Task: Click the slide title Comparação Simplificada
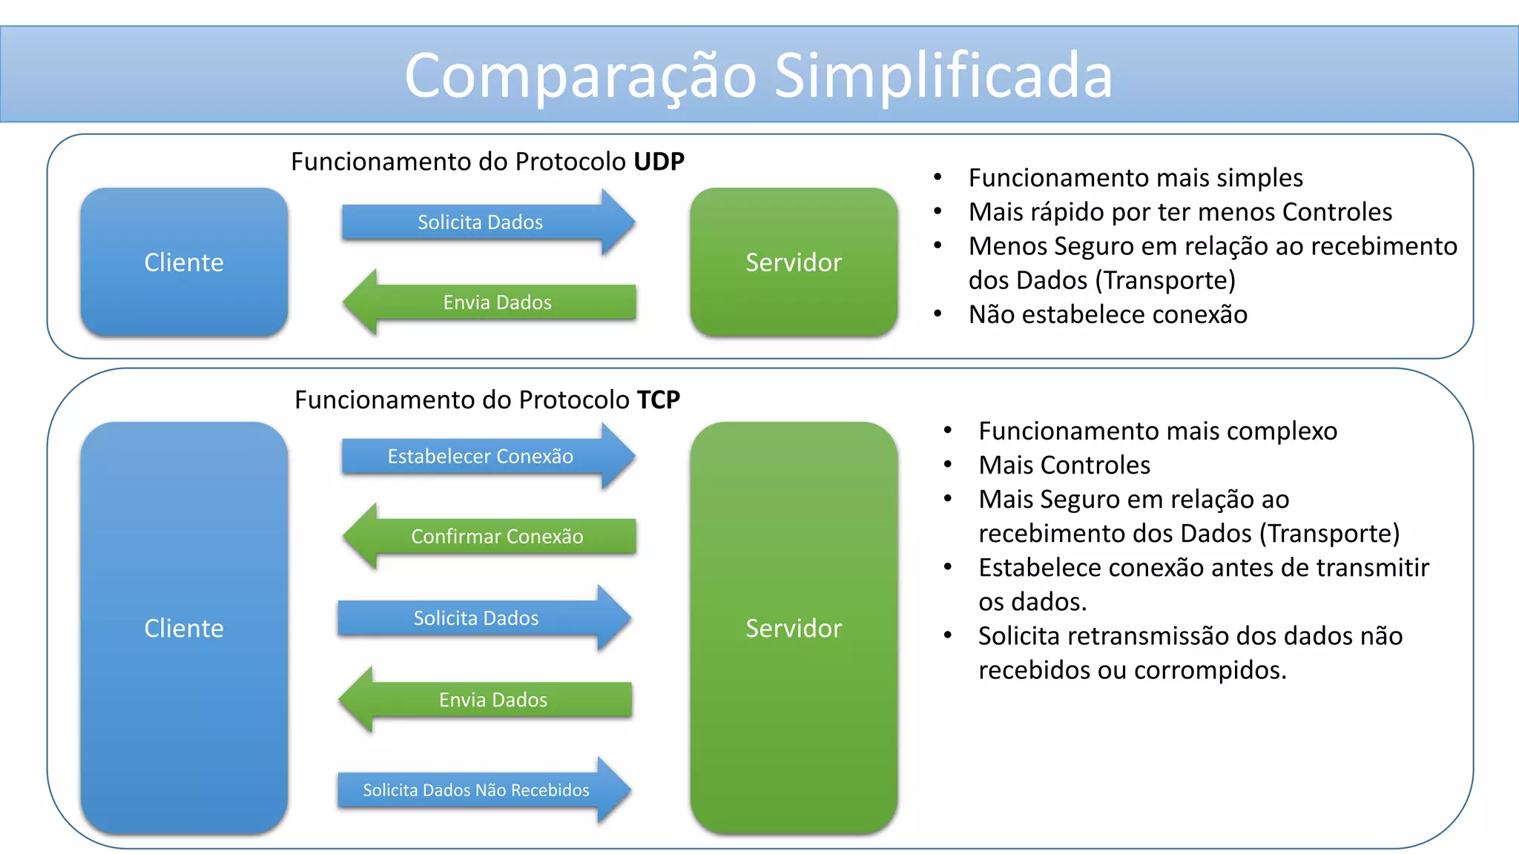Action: pos(758,76)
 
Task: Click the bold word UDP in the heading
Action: pos(659,162)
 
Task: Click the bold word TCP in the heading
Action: pos(658,400)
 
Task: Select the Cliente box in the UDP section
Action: pos(184,262)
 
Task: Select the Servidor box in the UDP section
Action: pos(794,262)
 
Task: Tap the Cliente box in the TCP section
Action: pos(184,628)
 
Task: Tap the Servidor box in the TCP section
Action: pos(794,628)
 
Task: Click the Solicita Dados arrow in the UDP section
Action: pos(481,222)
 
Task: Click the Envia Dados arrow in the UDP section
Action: pos(497,302)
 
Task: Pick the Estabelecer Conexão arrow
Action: pos(481,457)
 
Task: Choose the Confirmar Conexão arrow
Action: pos(497,537)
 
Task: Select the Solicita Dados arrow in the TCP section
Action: pos(476,618)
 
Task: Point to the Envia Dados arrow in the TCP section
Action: pos(493,700)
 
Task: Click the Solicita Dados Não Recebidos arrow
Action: pos(476,790)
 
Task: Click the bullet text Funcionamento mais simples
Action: pos(1135,178)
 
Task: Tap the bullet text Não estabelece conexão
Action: pos(1107,314)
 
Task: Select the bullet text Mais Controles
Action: pos(1064,465)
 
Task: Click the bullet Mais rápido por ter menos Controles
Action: pos(1179,212)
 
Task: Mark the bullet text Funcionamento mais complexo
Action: pos(1157,431)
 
